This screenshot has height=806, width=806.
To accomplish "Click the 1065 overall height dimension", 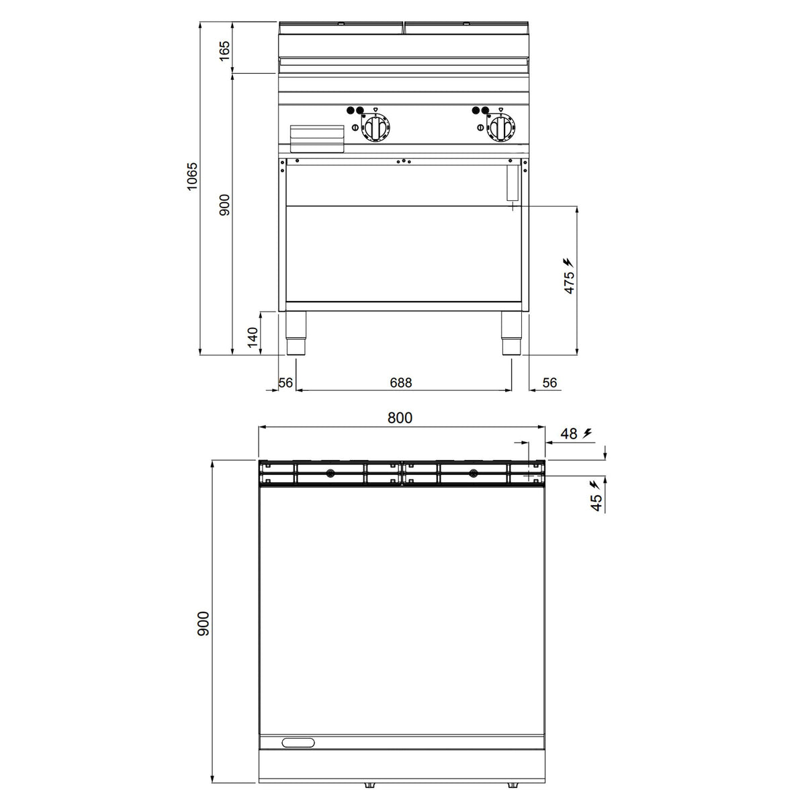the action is click(192, 177).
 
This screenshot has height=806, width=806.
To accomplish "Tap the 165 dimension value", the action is click(224, 51).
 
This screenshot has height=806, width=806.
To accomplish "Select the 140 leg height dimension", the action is click(253, 337).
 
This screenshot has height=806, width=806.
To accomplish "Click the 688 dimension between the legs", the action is click(401, 382).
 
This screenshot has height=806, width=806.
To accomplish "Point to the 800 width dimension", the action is click(400, 417).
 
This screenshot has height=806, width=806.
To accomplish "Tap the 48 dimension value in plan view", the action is click(569, 434).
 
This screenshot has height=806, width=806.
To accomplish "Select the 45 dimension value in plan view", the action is click(596, 502).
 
